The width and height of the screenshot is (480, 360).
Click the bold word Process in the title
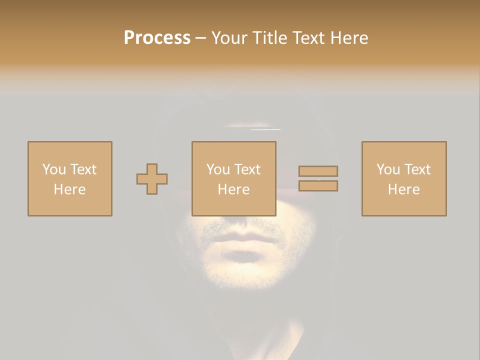157,38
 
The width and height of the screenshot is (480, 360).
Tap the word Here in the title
348,38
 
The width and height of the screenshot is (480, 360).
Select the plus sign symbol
152,179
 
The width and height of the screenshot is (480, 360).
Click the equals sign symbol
318,178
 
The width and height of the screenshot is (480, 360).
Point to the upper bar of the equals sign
318,171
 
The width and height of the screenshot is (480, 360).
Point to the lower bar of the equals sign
318,186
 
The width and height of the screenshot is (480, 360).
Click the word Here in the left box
69,189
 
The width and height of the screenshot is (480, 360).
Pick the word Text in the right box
417,169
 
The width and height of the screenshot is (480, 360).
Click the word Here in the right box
403,189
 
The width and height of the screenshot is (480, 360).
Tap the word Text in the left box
83,169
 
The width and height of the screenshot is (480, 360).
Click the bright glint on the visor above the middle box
265,129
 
